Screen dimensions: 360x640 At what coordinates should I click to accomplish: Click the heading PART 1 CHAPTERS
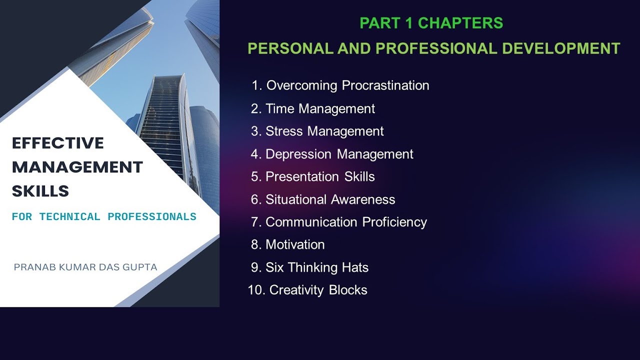click(x=431, y=23)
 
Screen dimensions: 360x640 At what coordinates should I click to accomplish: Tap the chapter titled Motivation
click(x=295, y=244)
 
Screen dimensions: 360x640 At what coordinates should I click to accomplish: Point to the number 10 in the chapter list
click(x=255, y=290)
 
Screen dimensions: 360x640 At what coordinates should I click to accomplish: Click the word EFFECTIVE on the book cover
click(x=58, y=143)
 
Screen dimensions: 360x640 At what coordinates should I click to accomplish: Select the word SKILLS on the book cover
click(x=40, y=191)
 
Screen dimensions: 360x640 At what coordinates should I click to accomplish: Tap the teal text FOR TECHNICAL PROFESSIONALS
click(x=104, y=217)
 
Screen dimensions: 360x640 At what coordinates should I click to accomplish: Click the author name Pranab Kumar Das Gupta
click(x=85, y=267)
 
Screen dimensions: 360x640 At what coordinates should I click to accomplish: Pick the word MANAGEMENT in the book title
click(x=77, y=167)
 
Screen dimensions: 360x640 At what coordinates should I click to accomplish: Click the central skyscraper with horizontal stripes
click(x=162, y=125)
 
